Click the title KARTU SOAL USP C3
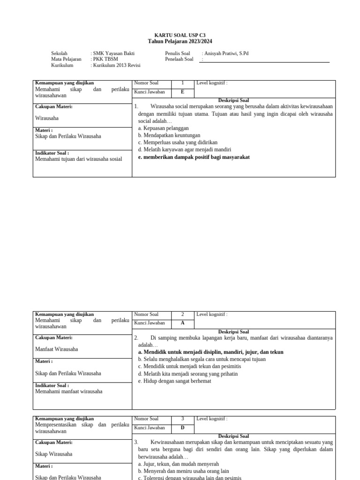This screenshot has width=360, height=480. [180, 35]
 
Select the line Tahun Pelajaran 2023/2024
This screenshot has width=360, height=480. [180, 41]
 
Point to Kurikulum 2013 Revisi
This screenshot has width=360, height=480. [117, 66]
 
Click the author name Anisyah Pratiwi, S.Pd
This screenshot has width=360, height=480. [226, 53]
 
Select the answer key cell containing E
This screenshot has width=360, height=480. [182, 92]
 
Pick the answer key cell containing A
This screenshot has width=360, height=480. [182, 323]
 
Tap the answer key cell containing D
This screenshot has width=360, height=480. [182, 428]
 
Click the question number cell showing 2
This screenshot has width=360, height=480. [182, 315]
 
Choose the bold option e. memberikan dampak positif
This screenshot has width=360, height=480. [194, 157]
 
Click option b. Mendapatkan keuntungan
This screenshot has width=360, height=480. [169, 135]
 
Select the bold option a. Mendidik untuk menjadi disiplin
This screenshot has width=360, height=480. [210, 352]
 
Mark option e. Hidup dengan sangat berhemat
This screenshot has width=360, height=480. [174, 381]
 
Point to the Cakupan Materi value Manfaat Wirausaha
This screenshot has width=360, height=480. [57, 349]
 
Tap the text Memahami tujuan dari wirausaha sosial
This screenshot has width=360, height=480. [79, 159]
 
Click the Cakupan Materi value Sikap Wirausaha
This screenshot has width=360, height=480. [54, 454]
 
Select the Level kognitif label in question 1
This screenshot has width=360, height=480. [212, 83]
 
